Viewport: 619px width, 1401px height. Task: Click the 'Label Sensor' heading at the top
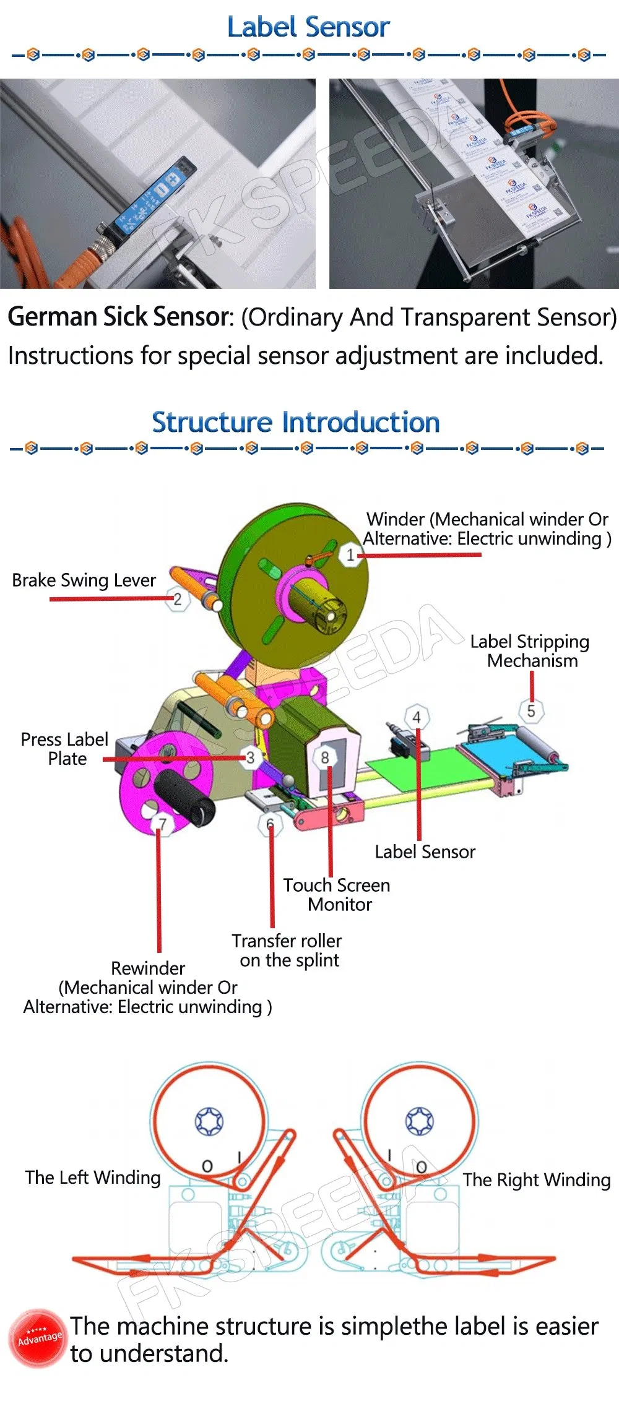click(x=308, y=27)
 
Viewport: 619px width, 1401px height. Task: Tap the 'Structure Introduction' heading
click(x=296, y=423)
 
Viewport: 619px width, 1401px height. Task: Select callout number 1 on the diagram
click(x=350, y=554)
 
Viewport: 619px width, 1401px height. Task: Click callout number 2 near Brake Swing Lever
click(x=178, y=599)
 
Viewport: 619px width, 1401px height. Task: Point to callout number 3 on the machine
click(x=250, y=757)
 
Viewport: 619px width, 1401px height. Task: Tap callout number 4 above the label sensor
click(x=417, y=717)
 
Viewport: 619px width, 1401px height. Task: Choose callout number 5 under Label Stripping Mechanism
click(x=530, y=711)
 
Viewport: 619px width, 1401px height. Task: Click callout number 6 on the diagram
click(x=270, y=824)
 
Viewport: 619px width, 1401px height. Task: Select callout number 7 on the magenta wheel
click(x=162, y=824)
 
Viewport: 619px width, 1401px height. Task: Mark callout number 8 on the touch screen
click(x=325, y=757)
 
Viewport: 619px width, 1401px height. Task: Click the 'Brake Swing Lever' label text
click(x=84, y=580)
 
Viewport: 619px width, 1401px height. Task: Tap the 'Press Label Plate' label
click(x=65, y=749)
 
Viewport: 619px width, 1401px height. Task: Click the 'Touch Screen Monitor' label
click(x=337, y=895)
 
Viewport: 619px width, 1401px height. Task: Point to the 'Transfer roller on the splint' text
click(x=287, y=951)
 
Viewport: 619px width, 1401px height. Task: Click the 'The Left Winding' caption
click(x=93, y=1177)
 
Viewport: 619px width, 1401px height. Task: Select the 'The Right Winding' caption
click(x=537, y=1179)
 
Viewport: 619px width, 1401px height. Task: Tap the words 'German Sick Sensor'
click(x=119, y=317)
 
